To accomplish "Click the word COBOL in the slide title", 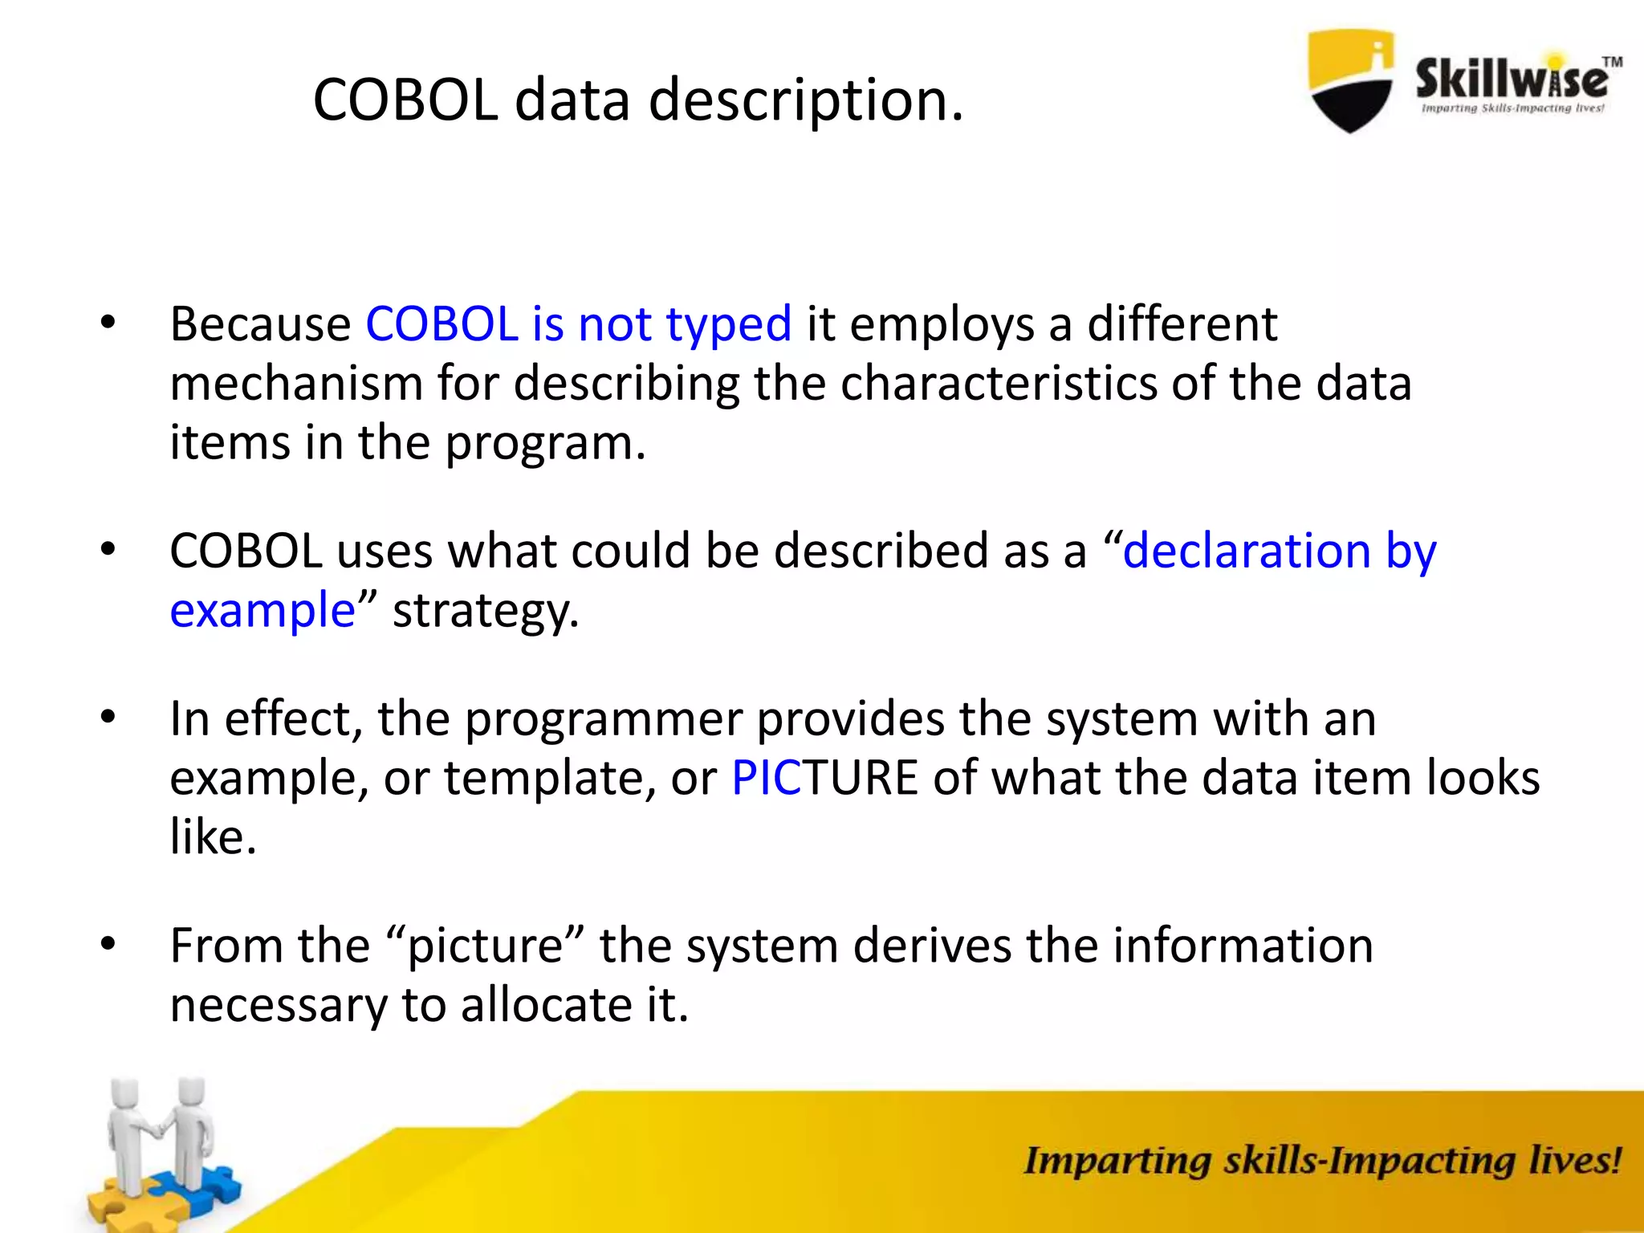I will click(405, 100).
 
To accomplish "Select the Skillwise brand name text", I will click(1510, 79).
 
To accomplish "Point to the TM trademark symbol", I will click(1612, 62).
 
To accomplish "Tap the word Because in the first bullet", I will click(260, 324).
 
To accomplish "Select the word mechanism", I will click(296, 384).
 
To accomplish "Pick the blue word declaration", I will click(1246, 551).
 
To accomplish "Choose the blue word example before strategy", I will click(262, 611).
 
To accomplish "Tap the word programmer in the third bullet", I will click(603, 719).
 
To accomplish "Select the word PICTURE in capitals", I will click(824, 778).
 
